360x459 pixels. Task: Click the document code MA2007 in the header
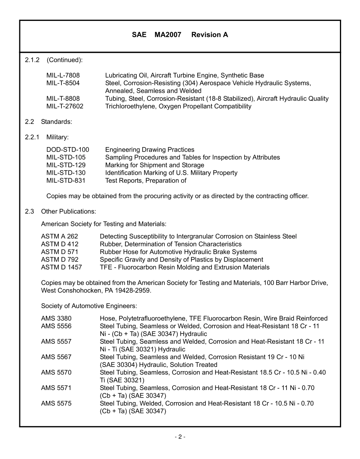167,35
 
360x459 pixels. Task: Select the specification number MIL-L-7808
63,75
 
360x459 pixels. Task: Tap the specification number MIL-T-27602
64,107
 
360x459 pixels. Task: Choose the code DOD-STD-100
67,150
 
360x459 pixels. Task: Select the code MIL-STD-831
66,181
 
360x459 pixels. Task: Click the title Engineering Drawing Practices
150,150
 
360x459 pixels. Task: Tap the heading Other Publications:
69,211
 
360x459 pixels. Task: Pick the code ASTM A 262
59,237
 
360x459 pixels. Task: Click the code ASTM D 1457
61,268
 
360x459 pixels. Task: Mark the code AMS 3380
56,318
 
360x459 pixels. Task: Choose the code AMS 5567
56,357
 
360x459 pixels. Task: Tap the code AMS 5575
56,404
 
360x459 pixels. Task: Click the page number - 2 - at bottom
180,437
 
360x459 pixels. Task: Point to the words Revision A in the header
210,35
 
